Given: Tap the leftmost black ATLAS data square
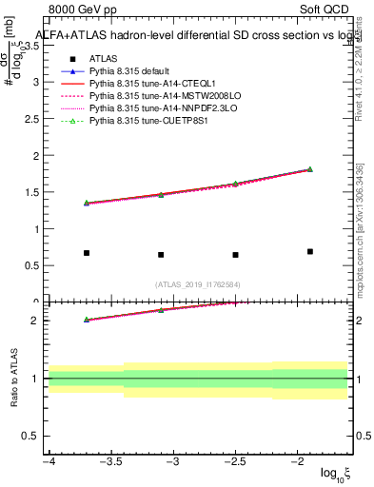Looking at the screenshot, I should coord(87,253).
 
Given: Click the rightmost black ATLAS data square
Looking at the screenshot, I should coord(310,251).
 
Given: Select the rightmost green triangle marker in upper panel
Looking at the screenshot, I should coord(310,169).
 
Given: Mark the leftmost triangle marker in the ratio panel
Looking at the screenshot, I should coord(87,320).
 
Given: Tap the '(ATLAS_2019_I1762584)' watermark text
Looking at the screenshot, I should coord(198,283).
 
